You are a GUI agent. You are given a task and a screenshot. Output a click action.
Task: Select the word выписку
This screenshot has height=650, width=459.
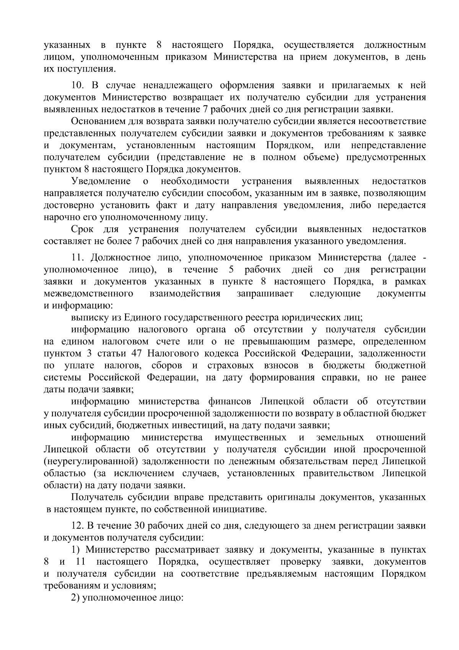(89, 318)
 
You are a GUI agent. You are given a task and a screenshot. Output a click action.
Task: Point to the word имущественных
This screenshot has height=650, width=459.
(250, 437)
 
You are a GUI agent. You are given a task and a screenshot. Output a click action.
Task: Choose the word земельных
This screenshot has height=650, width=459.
(340, 437)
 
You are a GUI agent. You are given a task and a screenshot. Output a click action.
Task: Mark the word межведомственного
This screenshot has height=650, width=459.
(88, 294)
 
